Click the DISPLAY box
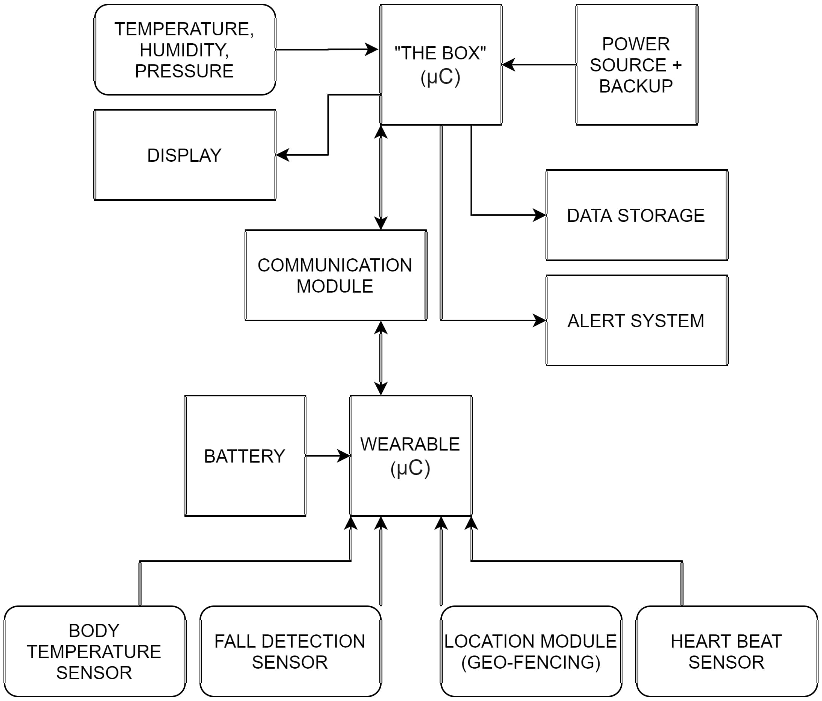click(x=185, y=155)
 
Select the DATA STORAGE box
click(x=637, y=215)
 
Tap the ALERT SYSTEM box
click(x=637, y=320)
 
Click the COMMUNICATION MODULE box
click(x=336, y=275)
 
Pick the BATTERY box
click(x=245, y=456)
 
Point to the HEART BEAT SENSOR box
click(x=727, y=651)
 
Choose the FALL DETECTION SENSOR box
click(x=291, y=651)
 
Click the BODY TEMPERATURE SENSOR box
click(x=94, y=651)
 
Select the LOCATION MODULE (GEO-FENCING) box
click(x=531, y=651)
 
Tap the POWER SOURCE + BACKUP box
click(x=637, y=65)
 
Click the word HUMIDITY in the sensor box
click(x=184, y=50)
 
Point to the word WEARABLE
click(x=410, y=444)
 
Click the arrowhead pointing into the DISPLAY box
click(x=282, y=155)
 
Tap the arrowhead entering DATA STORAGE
click(x=540, y=215)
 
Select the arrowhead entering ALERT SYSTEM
click(x=540, y=320)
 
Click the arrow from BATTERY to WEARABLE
click(x=328, y=456)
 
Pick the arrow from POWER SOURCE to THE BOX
click(x=539, y=65)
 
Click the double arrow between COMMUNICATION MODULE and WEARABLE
click(x=381, y=358)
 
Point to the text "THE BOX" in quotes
click(x=440, y=53)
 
